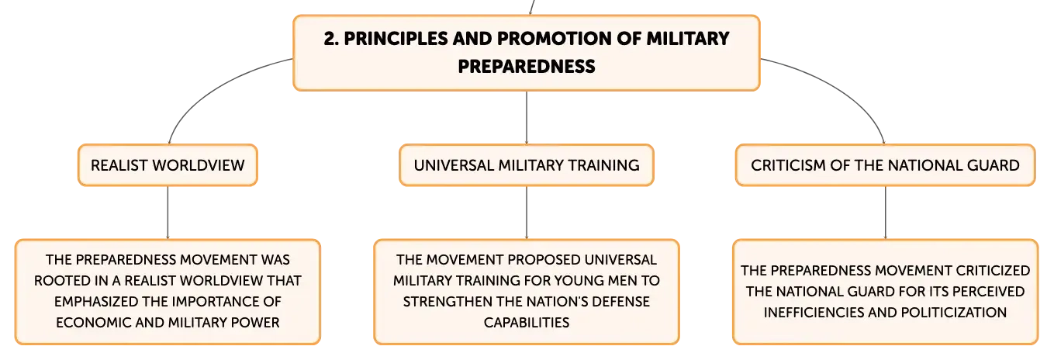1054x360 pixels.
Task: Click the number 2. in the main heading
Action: coord(331,39)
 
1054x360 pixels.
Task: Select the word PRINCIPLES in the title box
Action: coord(396,39)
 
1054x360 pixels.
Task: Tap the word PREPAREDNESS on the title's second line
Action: coord(527,67)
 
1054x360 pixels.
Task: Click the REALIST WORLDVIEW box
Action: coord(168,165)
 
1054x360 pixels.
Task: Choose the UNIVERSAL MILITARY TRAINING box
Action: coord(527,165)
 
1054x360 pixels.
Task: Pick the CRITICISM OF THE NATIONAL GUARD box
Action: coord(885,165)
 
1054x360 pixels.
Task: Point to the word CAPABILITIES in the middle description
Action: coord(527,322)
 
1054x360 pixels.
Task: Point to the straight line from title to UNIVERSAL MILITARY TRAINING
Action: coord(527,118)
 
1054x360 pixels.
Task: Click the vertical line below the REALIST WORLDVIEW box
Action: coord(168,213)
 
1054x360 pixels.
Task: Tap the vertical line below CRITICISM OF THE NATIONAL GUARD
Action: coord(885,213)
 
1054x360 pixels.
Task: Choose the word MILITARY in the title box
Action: coord(688,39)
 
